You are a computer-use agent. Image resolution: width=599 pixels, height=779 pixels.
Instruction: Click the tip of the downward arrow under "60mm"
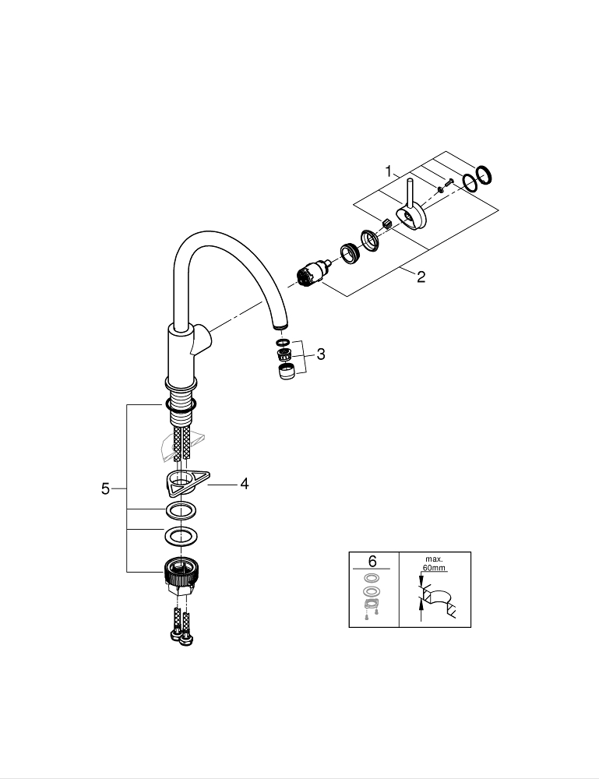tap(421, 587)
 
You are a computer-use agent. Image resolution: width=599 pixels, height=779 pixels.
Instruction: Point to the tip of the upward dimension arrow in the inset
tap(421, 598)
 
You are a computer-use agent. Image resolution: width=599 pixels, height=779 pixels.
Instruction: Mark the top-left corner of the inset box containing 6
tap(349, 552)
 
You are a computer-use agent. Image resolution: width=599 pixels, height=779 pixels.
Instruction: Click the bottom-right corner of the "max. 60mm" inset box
tap(470, 627)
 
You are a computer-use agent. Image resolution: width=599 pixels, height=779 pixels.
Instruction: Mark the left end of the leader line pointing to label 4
tap(208, 484)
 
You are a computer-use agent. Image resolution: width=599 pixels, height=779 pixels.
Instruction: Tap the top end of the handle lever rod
tap(409, 179)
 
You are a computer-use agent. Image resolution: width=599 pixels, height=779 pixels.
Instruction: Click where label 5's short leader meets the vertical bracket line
tap(127, 489)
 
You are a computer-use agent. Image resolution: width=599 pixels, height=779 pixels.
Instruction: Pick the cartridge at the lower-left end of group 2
tap(308, 275)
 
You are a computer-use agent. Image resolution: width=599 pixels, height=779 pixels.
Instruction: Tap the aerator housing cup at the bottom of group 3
tap(285, 372)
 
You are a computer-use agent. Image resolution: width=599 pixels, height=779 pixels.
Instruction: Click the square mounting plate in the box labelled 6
tap(369, 605)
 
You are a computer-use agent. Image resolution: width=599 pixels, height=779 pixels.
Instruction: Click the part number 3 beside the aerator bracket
tap(321, 354)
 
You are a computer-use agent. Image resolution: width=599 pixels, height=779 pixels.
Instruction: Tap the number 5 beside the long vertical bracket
tap(105, 489)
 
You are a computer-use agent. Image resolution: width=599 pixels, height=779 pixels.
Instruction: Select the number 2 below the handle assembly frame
tap(421, 277)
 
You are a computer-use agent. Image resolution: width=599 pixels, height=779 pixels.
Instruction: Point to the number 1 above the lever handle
tap(389, 172)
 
